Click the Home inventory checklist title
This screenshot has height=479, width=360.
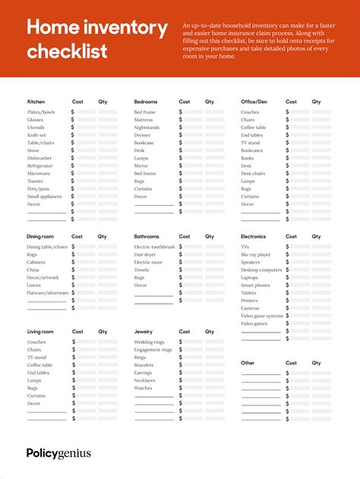tap(96, 39)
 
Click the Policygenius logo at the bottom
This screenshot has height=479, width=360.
tap(58, 453)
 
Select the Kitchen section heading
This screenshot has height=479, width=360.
tap(36, 102)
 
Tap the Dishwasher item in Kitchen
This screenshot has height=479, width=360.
tap(40, 158)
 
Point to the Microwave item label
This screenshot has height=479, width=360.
tap(39, 174)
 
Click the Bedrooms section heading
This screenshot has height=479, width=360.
tap(146, 102)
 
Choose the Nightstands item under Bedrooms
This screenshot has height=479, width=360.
tap(147, 128)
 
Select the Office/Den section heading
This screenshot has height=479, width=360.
tap(254, 102)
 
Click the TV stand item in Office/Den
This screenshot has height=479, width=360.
tap(250, 143)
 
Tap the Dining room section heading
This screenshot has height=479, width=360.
tap(40, 237)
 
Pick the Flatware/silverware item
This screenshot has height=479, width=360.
tap(48, 293)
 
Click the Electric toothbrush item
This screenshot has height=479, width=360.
tap(154, 247)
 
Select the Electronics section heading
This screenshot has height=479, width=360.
tap(253, 237)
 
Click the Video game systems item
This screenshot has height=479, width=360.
tap(262, 316)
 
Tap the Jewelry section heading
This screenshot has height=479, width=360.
tap(144, 332)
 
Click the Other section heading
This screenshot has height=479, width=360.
tap(248, 363)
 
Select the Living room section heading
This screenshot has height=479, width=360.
tap(40, 332)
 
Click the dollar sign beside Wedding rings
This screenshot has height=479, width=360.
tap(181, 342)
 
